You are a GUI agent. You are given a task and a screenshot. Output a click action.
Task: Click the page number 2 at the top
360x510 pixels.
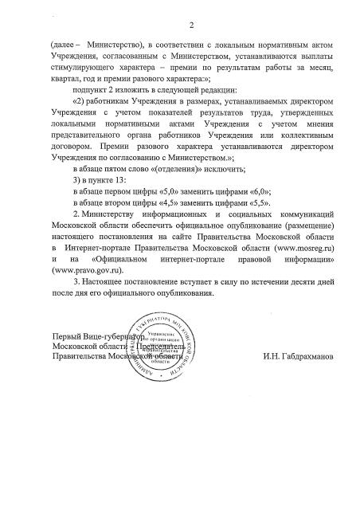point(179,24)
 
